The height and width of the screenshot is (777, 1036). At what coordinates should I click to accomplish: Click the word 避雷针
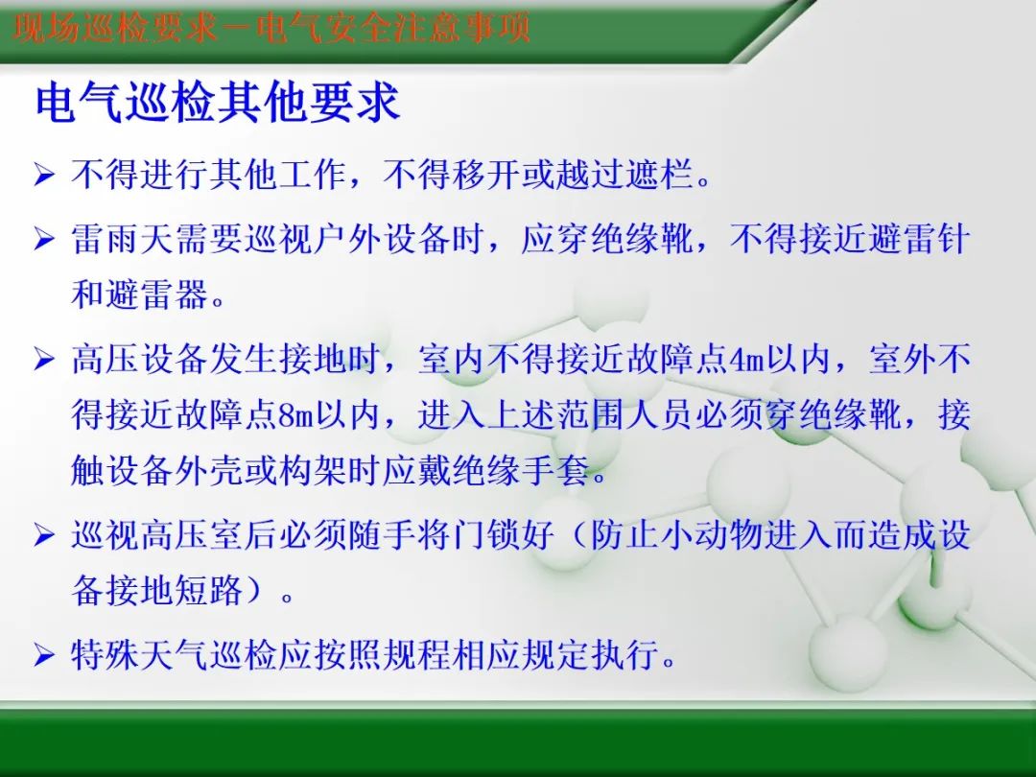tap(920, 239)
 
